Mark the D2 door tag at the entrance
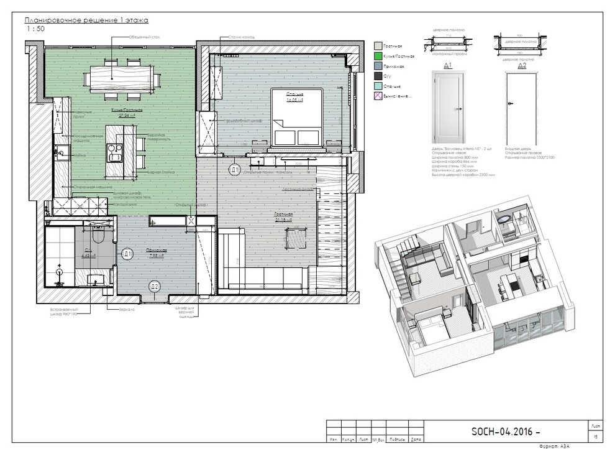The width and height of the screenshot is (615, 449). click(155, 285)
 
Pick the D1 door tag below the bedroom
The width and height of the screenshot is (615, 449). click(234, 169)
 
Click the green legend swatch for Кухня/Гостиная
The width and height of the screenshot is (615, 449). click(378, 55)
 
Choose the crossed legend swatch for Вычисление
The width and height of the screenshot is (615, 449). click(378, 96)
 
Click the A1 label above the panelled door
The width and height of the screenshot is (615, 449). click(447, 65)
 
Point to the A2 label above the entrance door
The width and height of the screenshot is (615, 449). click(522, 65)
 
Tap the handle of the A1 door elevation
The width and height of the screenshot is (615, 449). click(460, 109)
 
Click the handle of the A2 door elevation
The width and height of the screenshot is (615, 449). click(510, 104)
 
